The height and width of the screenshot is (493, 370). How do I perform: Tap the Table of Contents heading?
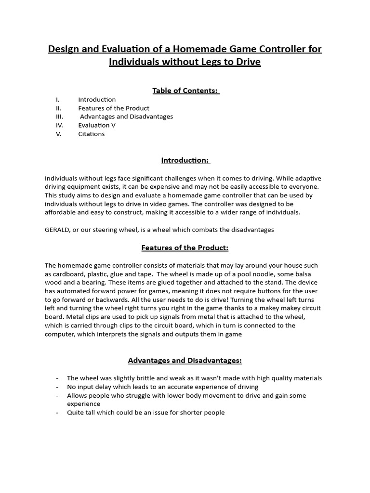[x=185, y=91]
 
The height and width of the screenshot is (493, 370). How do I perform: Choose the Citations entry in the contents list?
[x=92, y=134]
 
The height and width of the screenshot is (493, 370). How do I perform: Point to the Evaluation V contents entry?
[x=97, y=125]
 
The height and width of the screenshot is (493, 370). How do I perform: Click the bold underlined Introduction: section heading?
[x=185, y=160]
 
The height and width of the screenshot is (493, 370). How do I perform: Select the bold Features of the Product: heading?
[x=185, y=247]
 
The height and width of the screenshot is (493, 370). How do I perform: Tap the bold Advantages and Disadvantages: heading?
[x=185, y=360]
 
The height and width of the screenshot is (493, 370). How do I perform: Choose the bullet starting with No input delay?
[x=163, y=387]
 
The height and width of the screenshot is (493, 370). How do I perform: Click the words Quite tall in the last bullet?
[x=82, y=413]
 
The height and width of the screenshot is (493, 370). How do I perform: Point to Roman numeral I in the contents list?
[x=57, y=99]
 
